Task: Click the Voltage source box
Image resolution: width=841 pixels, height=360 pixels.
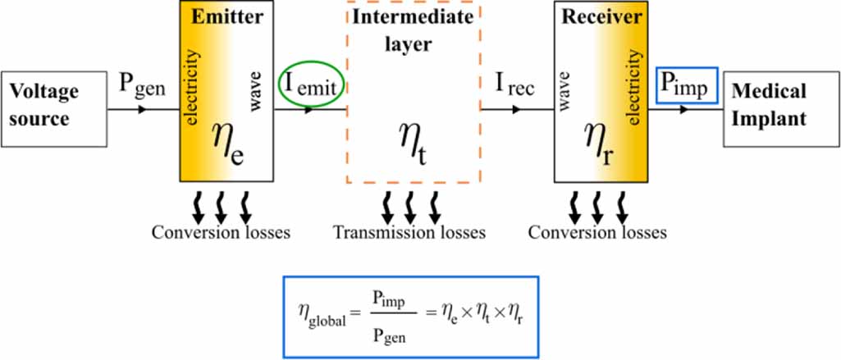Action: click(53, 109)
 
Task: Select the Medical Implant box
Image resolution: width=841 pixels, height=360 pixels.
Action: click(781, 109)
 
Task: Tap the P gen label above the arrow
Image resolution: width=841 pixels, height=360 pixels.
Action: click(143, 87)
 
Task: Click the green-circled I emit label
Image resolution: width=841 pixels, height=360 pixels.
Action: click(312, 88)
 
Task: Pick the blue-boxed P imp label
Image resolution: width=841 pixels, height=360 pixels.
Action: click(687, 86)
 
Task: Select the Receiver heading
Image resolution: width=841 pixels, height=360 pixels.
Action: click(601, 17)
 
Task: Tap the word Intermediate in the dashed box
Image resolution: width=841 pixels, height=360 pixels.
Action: click(413, 17)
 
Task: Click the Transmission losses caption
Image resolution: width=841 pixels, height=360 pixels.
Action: click(409, 233)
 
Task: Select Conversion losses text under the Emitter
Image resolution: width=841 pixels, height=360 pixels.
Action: click(221, 233)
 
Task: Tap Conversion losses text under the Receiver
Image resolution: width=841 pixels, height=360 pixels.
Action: click(597, 233)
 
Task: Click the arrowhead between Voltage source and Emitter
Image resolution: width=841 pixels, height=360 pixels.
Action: click(142, 110)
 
